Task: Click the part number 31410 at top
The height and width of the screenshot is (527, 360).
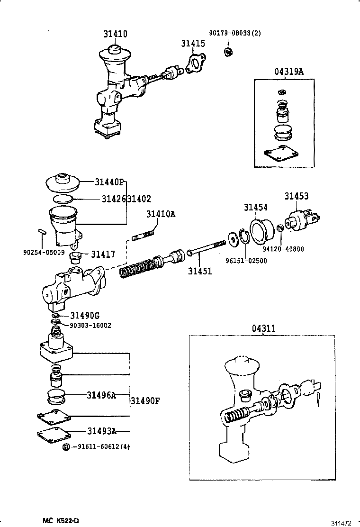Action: point(116,34)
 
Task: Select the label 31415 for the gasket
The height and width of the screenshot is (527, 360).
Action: point(193,44)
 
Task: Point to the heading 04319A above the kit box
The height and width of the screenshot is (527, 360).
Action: point(288,72)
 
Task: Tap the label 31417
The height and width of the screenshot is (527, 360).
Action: point(103,254)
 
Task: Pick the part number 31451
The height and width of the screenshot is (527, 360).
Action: point(200,271)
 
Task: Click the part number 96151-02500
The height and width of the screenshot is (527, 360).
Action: point(246,261)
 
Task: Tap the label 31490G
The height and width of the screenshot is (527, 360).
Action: point(85,316)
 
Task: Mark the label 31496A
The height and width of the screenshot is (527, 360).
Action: point(101,394)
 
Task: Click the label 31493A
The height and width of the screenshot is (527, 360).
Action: point(101,431)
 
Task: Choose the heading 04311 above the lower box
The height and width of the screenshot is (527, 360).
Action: point(264,328)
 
